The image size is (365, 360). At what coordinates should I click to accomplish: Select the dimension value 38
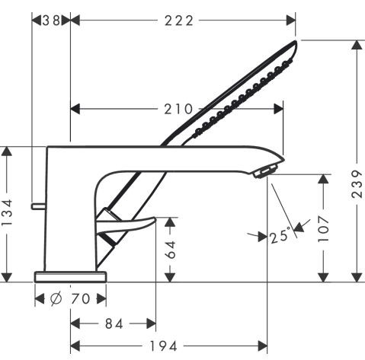[51, 20]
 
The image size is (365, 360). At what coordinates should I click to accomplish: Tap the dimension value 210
[178, 110]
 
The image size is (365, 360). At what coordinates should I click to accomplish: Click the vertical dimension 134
[8, 213]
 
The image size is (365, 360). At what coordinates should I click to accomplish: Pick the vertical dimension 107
[325, 229]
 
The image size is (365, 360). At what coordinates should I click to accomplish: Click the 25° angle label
[280, 235]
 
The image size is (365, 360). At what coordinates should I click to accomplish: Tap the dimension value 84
[114, 323]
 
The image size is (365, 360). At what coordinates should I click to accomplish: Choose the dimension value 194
[169, 347]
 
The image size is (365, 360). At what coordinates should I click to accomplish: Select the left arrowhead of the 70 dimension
[39, 298]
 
